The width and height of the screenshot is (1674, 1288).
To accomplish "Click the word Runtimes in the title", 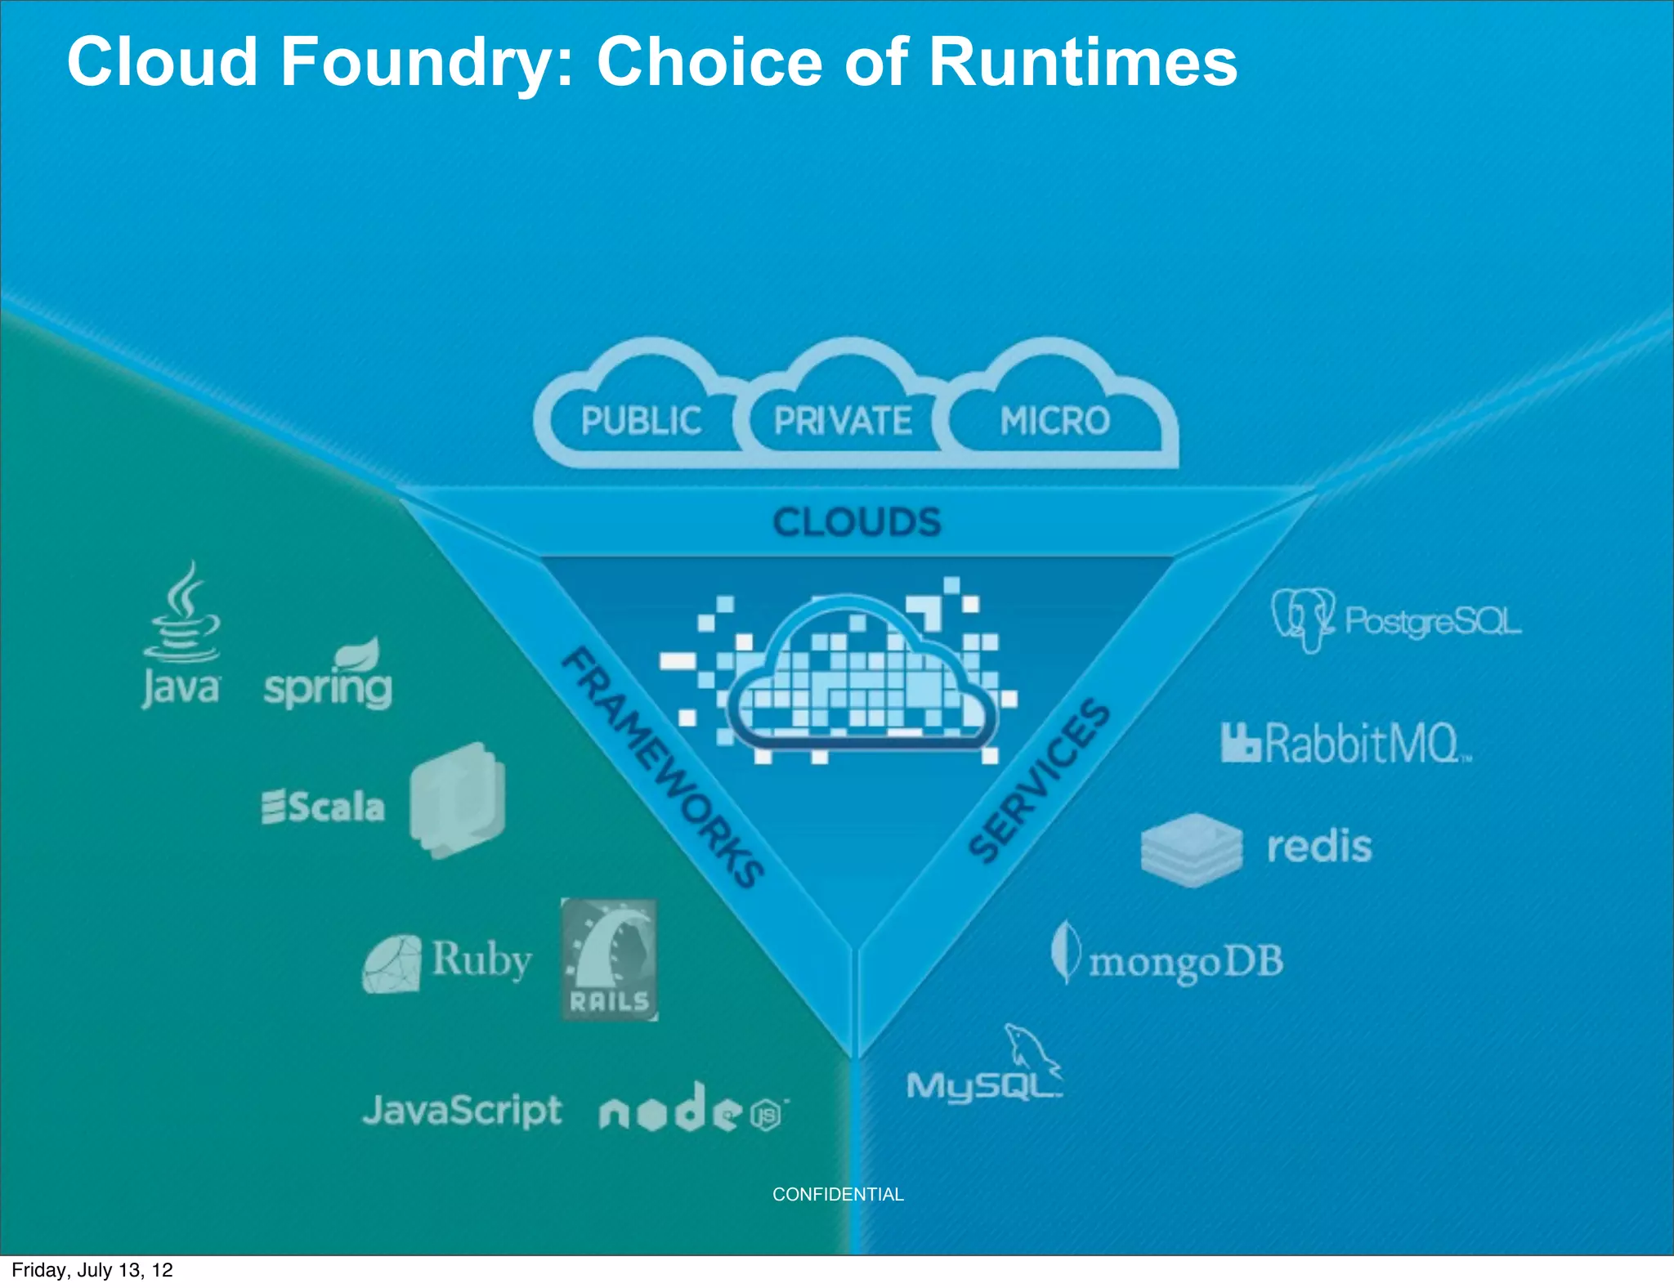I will click(x=1083, y=62).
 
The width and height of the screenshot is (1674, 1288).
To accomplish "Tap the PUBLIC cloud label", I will click(x=641, y=422).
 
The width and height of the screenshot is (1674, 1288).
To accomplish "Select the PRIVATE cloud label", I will click(x=843, y=422).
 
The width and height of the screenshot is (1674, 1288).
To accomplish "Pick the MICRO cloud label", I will click(x=1054, y=422).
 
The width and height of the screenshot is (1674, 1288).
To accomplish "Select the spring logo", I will click(x=329, y=678).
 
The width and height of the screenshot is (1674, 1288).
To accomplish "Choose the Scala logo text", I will click(x=324, y=807).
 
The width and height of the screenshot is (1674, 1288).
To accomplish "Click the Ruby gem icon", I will click(x=392, y=964).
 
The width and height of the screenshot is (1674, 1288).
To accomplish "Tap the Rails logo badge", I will click(x=609, y=960).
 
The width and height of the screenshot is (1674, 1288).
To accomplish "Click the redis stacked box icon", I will click(x=1192, y=850).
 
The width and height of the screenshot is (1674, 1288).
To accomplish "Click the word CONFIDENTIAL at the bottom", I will click(x=838, y=1195).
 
